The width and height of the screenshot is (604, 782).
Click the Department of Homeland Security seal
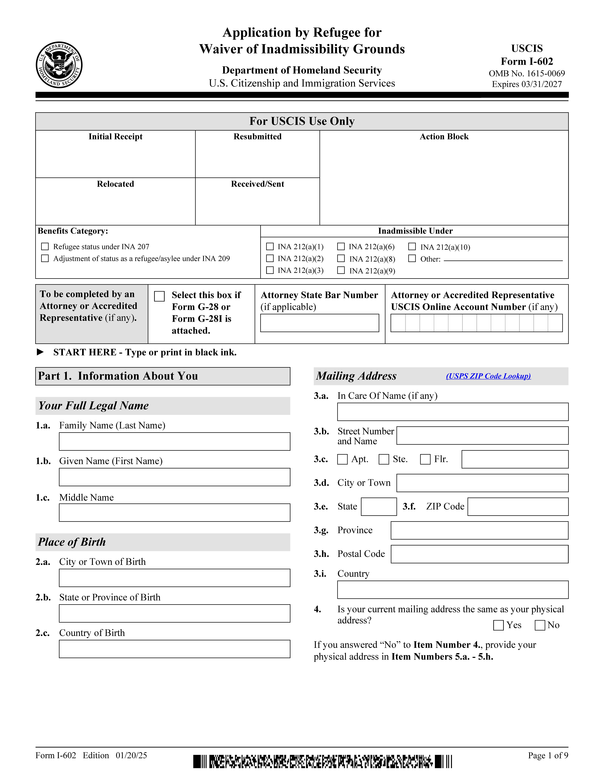coord(59,65)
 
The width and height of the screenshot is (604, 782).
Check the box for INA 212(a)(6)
coord(341,247)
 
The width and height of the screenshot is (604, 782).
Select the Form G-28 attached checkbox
coord(159,296)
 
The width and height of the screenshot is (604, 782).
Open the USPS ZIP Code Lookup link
coord(488,376)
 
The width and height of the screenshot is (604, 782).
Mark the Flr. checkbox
coord(425,459)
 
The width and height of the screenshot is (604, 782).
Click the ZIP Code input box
coord(518,507)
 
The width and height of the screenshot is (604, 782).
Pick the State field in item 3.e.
coord(379,507)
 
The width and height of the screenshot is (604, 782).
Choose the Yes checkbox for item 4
coord(498,625)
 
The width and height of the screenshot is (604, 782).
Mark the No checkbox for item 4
coord(540,625)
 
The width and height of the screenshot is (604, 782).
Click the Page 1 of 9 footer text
coord(548,756)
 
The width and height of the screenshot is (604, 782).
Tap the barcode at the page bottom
coord(322,762)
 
